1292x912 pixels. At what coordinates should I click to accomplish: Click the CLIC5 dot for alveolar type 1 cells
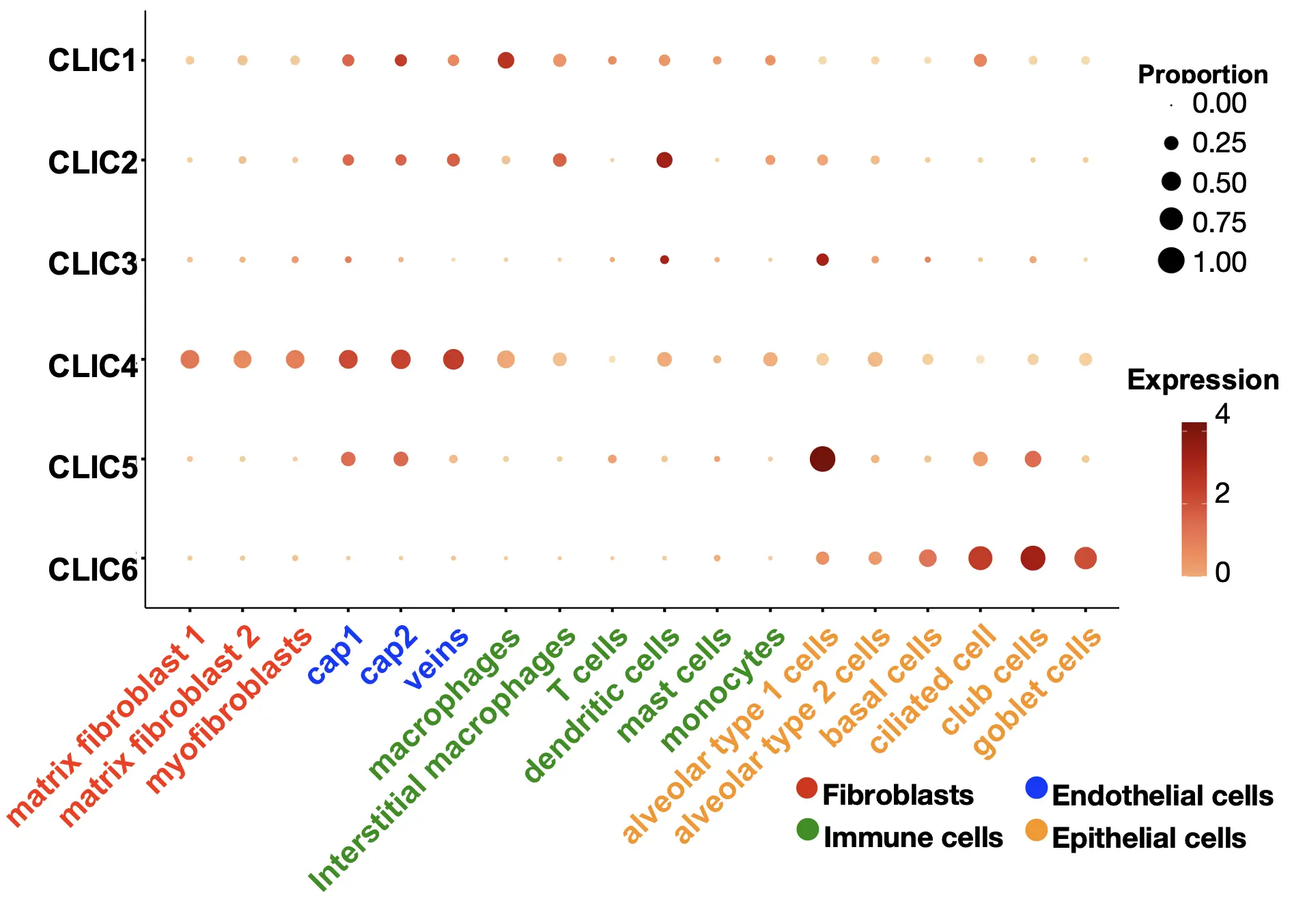pos(822,459)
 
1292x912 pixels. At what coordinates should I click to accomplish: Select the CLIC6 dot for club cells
pos(1033,558)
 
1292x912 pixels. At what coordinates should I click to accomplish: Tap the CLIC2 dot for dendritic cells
pos(664,160)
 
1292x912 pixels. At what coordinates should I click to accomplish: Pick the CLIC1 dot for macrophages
pos(505,60)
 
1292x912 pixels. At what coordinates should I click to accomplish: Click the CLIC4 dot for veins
pos(453,359)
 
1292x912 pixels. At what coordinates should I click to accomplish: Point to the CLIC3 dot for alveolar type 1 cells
pos(822,260)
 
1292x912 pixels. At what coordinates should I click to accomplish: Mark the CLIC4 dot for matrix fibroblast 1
pos(190,359)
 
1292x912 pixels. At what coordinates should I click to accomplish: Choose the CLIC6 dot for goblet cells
pos(1085,558)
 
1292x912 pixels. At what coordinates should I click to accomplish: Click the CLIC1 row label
pos(92,61)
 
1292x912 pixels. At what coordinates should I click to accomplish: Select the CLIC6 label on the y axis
pos(92,570)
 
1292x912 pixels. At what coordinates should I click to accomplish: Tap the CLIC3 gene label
pos(92,264)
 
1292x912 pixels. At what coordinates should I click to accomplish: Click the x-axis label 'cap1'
pos(334,656)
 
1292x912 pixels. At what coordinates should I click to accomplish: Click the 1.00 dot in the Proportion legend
pos(1171,261)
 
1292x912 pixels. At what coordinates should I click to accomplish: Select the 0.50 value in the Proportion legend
pos(1219,183)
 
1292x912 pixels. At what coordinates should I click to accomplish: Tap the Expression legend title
pos(1203,380)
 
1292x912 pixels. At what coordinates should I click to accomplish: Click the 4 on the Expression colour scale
pos(1222,414)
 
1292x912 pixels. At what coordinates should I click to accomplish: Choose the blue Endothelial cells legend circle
pos(1036,788)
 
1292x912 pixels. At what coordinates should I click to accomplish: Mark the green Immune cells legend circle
pos(807,829)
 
